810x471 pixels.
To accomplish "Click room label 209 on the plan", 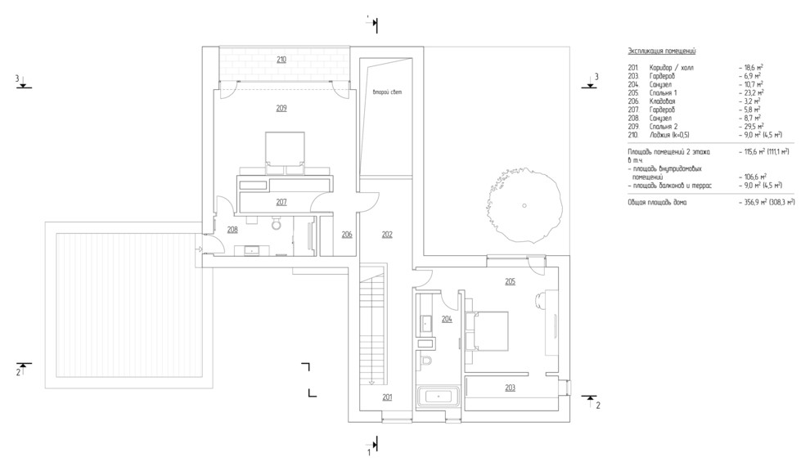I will [x=281, y=108].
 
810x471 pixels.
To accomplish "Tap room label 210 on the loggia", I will [x=281, y=60].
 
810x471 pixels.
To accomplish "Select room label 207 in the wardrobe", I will [x=281, y=201].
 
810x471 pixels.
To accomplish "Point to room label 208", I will [x=232, y=230].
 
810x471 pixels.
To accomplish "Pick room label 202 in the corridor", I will [x=387, y=235].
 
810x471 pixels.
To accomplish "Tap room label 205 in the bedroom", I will [x=510, y=281].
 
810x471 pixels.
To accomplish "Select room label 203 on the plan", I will [x=510, y=387].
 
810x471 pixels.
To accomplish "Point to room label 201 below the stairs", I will [x=387, y=397].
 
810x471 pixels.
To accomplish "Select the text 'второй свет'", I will [x=388, y=92].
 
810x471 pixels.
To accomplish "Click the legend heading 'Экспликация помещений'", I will [x=662, y=51].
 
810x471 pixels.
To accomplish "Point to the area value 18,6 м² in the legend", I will [x=751, y=67].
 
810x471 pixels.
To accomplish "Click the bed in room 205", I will [x=488, y=330].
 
